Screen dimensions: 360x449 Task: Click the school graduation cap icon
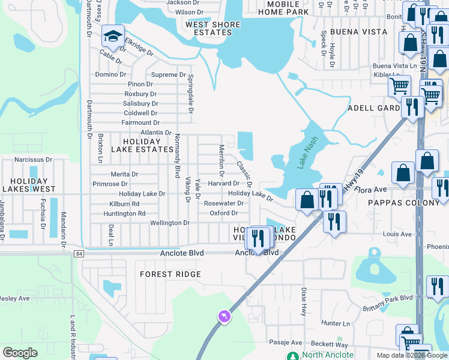112,37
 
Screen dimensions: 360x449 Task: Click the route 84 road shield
79,254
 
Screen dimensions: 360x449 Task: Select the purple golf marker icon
224,316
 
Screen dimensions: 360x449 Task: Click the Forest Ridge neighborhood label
170,274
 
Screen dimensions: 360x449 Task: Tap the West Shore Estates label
212,29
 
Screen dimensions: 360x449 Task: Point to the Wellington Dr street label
170,223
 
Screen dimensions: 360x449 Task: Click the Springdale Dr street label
191,94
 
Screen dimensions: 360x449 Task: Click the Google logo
20,353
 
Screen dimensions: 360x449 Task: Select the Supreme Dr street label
169,75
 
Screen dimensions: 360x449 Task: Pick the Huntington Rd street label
124,213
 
